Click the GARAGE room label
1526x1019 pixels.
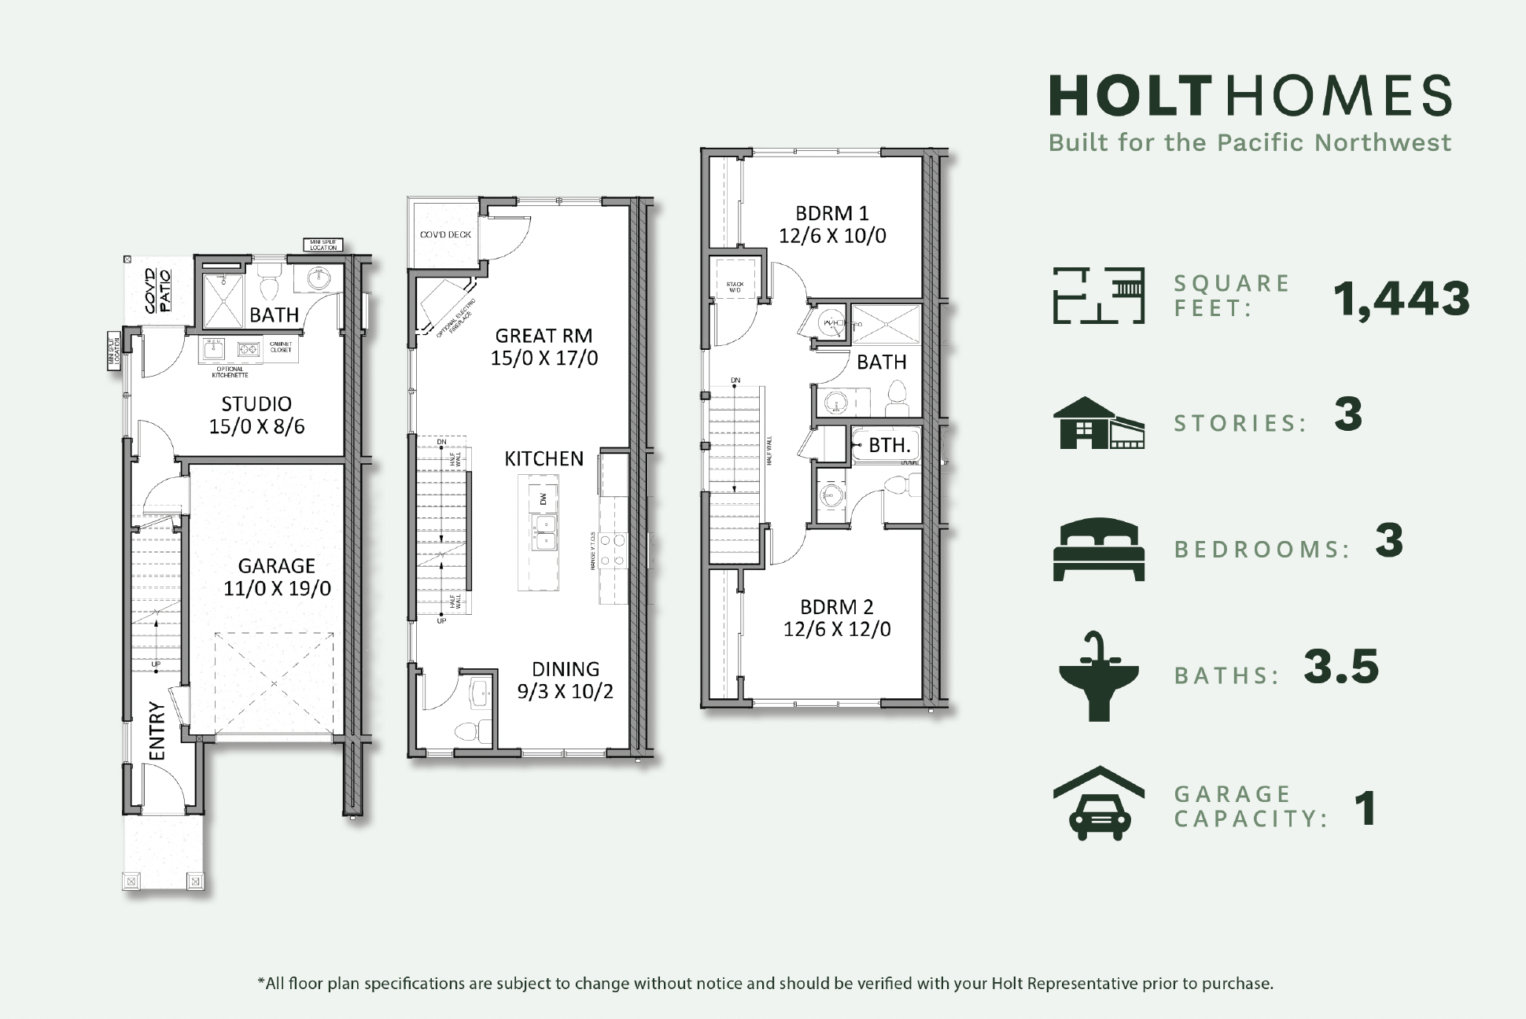click(x=276, y=566)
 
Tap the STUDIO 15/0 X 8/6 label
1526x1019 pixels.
click(x=256, y=415)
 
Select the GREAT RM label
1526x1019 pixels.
click(x=544, y=336)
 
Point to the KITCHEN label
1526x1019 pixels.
click(x=544, y=458)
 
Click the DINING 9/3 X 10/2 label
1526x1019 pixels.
click(x=565, y=680)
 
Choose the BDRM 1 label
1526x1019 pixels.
click(x=832, y=214)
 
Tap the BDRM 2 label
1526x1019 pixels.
click(x=836, y=607)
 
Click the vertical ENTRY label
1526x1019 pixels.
click(x=157, y=731)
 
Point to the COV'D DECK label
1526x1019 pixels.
click(x=444, y=235)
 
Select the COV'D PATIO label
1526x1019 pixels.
click(x=157, y=291)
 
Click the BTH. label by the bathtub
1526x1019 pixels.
click(x=889, y=445)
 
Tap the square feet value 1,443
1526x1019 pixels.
click(x=1401, y=299)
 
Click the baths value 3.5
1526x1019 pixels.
click(x=1341, y=667)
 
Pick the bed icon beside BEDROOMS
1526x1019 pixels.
click(x=1098, y=549)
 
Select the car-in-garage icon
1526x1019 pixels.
click(x=1098, y=804)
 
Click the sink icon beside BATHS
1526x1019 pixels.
click(x=1098, y=676)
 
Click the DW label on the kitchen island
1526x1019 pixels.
click(x=543, y=498)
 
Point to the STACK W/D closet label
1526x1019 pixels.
click(x=735, y=287)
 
